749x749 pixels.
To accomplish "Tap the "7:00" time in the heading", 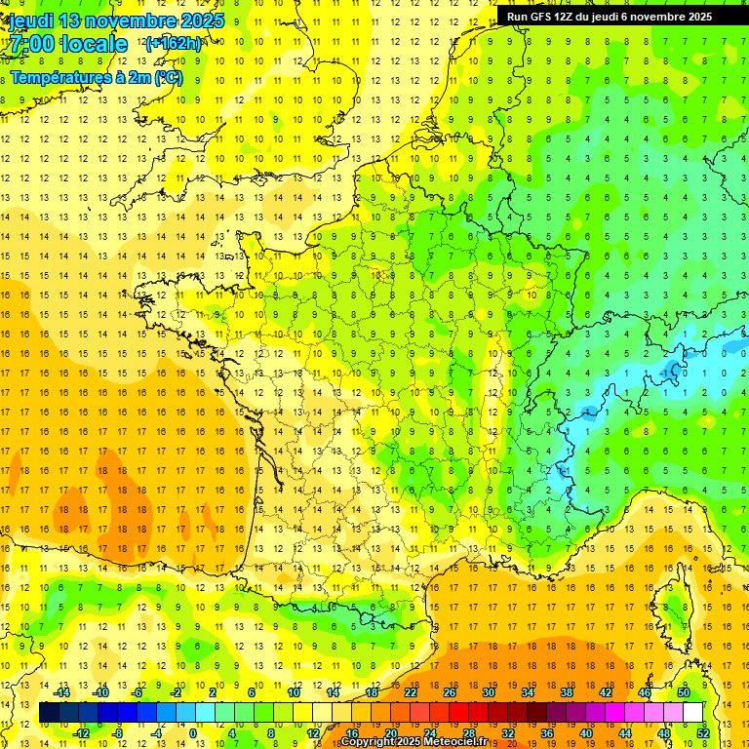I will (33, 44).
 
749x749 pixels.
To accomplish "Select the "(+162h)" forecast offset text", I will (174, 43).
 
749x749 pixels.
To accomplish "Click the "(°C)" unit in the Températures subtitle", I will (165, 77).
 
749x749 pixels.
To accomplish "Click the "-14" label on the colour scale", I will (62, 692).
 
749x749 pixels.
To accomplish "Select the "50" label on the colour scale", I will (684, 692).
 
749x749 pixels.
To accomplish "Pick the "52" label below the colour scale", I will (703, 733).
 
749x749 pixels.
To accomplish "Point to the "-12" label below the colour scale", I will (82, 733).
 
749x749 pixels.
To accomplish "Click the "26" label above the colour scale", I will (450, 692).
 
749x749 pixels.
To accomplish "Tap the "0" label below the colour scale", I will (192, 733).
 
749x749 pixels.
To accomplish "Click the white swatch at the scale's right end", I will (693, 713).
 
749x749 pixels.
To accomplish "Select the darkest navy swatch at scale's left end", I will (49, 713).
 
